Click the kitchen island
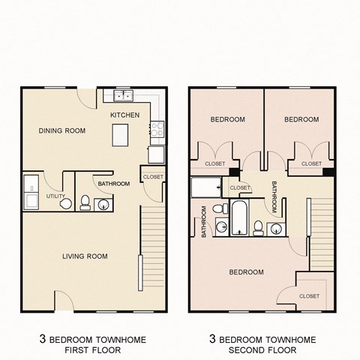[x=120, y=135]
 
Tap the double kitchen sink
[x=124, y=96]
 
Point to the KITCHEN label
[x=124, y=115]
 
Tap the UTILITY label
[x=56, y=196]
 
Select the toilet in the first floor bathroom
[x=85, y=202]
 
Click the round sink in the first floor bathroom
[x=103, y=203]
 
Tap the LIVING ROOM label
[x=85, y=256]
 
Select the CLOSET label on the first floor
[x=152, y=177]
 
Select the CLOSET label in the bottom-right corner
[x=309, y=296]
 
